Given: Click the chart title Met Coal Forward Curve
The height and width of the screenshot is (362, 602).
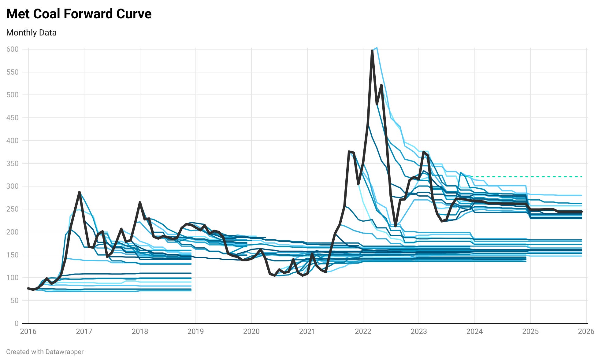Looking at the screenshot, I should coord(79,14).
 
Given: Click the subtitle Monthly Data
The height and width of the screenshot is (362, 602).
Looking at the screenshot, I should coord(31,33).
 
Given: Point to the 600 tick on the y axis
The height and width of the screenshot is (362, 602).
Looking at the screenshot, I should coord(12,49).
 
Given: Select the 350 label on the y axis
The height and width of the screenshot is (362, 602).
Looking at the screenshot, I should coord(12,164).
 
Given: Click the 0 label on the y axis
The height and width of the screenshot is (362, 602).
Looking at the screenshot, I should coord(17,323).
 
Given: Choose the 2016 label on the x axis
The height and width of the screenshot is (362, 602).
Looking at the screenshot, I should coord(28,331).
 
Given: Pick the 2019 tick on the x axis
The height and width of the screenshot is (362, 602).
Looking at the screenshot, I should coord(195,331).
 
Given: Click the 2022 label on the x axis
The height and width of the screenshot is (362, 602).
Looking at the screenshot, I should coord(363,331).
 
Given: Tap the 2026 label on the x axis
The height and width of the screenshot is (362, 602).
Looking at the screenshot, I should coord(586,331).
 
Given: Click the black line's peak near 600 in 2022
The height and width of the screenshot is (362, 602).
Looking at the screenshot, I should coord(372,51).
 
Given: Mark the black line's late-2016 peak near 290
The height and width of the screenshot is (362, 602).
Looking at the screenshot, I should coord(79,192).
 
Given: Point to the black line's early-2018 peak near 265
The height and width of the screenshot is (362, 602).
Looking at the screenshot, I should coord(140,202).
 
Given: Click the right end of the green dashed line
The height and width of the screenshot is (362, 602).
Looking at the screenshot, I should coord(581,177).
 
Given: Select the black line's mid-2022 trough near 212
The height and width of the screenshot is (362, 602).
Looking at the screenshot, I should coord(396,226).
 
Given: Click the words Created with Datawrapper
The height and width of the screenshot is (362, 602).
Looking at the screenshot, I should coord(45,352).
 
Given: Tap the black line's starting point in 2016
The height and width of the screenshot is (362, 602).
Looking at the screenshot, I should coord(28,288).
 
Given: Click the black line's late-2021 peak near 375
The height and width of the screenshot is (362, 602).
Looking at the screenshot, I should coord(349,152).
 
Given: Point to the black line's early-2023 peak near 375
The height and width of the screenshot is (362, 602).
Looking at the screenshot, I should coord(423,152).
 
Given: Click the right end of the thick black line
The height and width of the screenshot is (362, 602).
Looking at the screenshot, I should coord(581,212).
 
